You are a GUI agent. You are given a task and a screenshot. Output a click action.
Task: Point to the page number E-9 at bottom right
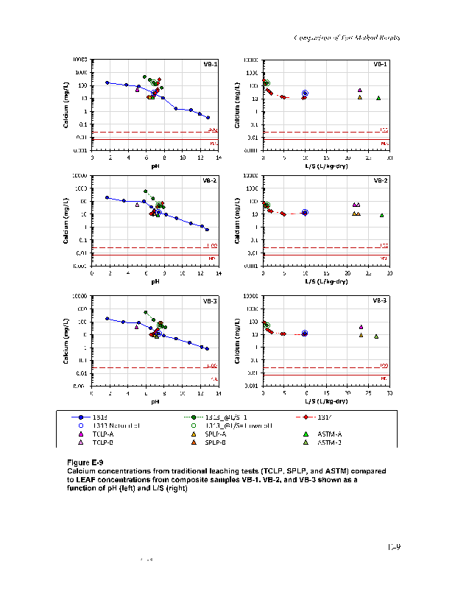point(394,546)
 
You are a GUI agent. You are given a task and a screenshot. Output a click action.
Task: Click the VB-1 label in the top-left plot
point(210,64)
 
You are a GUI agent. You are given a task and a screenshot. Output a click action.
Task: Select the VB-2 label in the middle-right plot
point(380,180)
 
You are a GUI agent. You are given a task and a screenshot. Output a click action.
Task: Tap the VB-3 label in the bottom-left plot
point(210,300)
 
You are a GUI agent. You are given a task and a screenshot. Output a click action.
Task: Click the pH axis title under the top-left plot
point(155,166)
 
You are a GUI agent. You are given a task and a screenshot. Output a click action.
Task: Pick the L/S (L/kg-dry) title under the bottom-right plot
point(326,402)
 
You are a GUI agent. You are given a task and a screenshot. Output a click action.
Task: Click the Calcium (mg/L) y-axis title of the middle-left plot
point(67,219)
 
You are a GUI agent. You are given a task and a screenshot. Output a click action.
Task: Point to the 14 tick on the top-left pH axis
point(219,157)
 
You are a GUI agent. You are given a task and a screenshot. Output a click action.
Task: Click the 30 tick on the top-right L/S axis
point(389,157)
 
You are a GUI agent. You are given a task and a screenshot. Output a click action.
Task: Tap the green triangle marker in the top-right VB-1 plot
point(378,98)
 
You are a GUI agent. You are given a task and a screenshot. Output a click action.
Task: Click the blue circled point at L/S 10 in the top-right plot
point(305,94)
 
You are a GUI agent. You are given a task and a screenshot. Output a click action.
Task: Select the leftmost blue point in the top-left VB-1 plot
point(107,82)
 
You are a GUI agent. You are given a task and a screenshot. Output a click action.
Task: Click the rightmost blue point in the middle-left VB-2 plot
point(207,230)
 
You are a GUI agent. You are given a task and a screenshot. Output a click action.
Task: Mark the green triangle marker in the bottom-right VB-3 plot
point(376,336)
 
